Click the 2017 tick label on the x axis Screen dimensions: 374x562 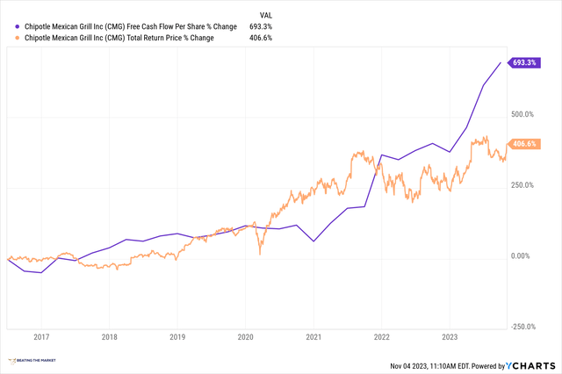[x=41, y=336]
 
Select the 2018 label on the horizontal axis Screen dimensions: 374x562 [x=109, y=336]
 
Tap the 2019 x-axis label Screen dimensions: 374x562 [x=177, y=336]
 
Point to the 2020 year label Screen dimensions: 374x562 [x=246, y=336]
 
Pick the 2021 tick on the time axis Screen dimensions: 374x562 [x=313, y=336]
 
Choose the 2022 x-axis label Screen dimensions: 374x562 [x=381, y=336]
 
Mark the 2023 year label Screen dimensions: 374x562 [x=449, y=336]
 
